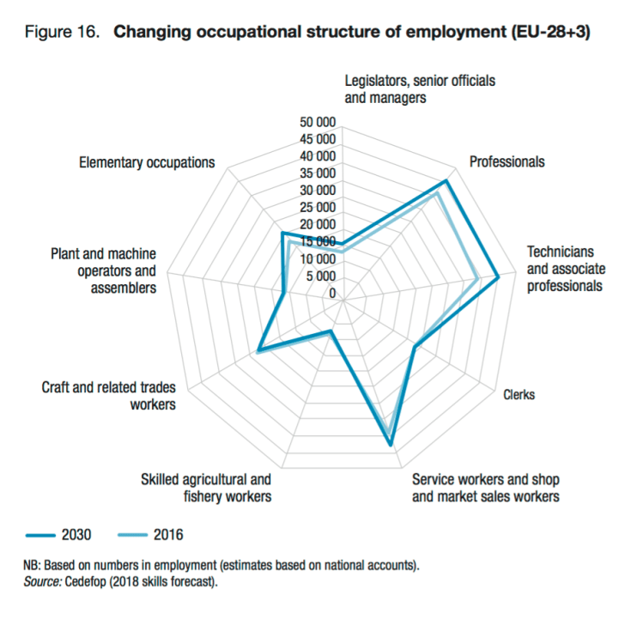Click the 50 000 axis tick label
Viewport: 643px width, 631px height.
[x=318, y=122]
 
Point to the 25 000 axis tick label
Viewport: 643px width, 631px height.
[x=318, y=208]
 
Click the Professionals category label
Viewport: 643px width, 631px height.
[x=507, y=161]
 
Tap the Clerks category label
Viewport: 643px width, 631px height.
[x=519, y=395]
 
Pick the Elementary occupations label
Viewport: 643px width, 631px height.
[x=146, y=162]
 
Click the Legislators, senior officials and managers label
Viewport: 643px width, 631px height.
[x=420, y=89]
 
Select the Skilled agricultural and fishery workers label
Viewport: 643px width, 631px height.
[x=206, y=488]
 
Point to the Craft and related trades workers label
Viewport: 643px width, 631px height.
[x=108, y=396]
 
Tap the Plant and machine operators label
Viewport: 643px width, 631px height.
[x=104, y=270]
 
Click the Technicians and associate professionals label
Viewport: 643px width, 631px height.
[x=565, y=269]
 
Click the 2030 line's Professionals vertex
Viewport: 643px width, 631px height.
[x=446, y=182]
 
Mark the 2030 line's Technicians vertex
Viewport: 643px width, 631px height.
[x=498, y=276]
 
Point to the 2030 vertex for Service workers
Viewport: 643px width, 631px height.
[x=391, y=445]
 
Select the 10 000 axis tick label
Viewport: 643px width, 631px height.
[x=318, y=259]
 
